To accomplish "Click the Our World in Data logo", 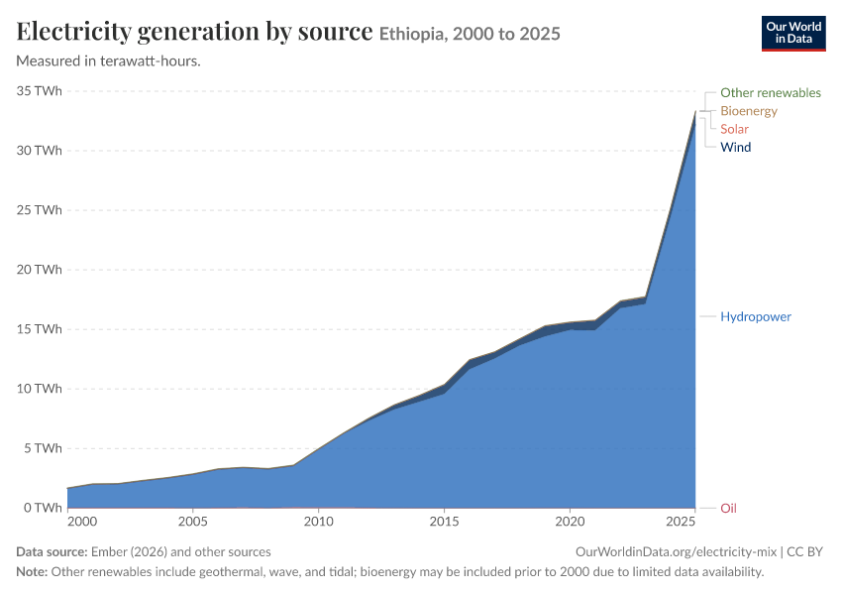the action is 793,34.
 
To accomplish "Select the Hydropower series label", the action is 756,316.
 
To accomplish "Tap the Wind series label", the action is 736,148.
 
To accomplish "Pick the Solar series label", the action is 734,129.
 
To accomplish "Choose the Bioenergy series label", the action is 749,111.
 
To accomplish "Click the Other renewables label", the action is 771,93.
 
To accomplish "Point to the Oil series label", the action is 728,508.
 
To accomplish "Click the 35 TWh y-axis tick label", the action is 40,91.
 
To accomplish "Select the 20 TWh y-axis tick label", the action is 40,270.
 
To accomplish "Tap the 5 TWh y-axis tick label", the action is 43,448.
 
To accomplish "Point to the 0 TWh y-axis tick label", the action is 43,508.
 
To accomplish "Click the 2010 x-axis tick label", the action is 318,522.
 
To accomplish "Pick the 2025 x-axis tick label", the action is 681,522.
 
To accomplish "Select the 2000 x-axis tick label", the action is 82,522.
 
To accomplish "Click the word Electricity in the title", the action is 74,32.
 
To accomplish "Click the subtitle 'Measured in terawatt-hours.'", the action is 109,61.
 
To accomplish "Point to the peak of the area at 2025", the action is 695,111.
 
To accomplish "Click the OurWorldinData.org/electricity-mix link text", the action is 676,552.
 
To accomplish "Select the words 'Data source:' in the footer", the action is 52,552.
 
